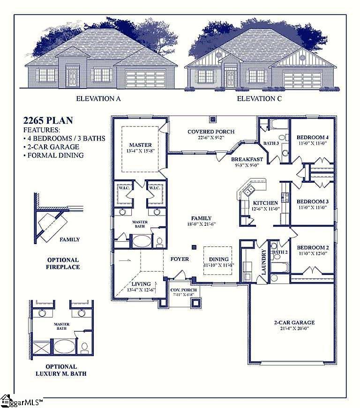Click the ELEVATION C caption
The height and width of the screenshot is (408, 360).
(x=259, y=98)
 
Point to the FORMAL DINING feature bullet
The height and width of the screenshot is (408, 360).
(x=53, y=155)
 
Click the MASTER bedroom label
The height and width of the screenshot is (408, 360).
(x=140, y=145)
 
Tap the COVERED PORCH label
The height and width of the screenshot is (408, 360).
(x=211, y=132)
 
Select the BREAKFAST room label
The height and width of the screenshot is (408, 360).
(x=247, y=159)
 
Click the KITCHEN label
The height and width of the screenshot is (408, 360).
(x=253, y=203)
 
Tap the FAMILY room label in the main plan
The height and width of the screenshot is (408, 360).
(x=201, y=218)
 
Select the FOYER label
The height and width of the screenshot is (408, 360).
(x=180, y=259)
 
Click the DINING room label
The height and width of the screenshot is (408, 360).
(x=219, y=259)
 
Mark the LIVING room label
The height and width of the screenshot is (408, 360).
(x=141, y=284)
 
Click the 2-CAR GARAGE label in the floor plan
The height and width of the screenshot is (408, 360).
(x=294, y=322)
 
